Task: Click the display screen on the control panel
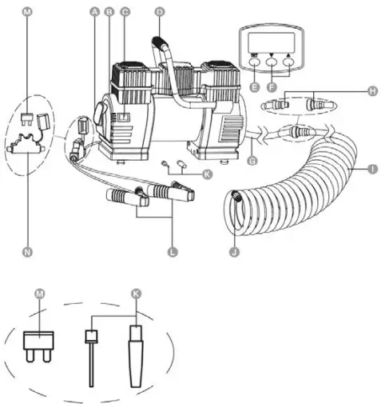click(x=271, y=42)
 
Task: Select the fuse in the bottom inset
click(x=38, y=346)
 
